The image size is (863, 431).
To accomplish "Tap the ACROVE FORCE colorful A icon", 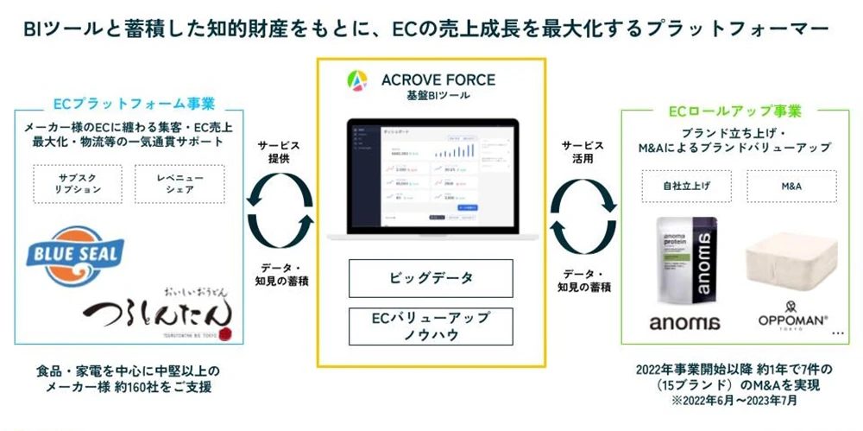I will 356,82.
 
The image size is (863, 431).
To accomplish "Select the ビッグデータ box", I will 431,278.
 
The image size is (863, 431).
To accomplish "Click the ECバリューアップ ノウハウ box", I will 431,326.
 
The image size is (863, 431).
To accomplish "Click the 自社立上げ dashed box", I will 684,186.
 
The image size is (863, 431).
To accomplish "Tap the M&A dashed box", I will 791,186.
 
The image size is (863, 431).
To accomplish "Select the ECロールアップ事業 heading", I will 734,111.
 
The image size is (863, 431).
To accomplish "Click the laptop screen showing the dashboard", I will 431,173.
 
